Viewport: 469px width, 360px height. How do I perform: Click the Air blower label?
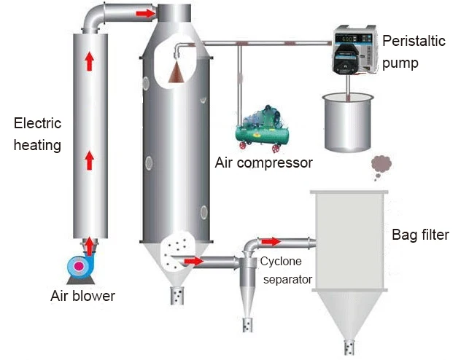(x=82, y=296)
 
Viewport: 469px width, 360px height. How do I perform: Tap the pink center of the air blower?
(x=80, y=266)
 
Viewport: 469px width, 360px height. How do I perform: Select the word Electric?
(x=37, y=123)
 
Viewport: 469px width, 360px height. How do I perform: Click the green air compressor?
(x=263, y=129)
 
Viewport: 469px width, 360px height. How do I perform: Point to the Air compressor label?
(x=264, y=163)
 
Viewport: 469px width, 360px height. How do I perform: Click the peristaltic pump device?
(x=354, y=50)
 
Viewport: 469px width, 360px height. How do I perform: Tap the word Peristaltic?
(x=414, y=41)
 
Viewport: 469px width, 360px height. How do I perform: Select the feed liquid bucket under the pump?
(x=348, y=122)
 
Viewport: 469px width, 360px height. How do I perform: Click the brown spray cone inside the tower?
(x=176, y=73)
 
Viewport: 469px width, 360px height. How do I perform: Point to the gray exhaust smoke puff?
(x=381, y=167)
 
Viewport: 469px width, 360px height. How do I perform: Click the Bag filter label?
(x=420, y=235)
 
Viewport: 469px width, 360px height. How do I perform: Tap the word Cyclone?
(x=281, y=262)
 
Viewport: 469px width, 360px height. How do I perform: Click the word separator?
(x=287, y=280)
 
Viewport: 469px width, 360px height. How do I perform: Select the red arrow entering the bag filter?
(x=271, y=241)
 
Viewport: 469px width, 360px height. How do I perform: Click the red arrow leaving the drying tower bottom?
(x=194, y=262)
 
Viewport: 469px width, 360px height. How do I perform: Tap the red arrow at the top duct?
(x=146, y=13)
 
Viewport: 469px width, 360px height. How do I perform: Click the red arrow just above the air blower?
(x=89, y=247)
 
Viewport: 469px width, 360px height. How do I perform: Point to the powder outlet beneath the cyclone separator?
(x=247, y=325)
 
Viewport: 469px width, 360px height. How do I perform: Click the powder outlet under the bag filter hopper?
(x=349, y=348)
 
